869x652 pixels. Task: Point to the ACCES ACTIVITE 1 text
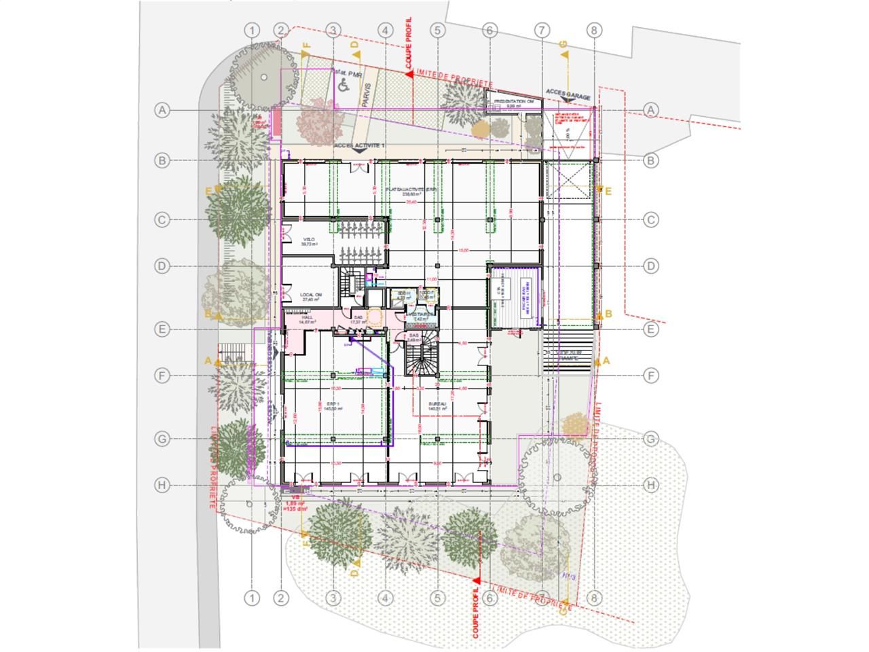(x=358, y=146)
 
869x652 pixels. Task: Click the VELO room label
(x=310, y=242)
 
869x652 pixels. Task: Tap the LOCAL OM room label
(x=310, y=297)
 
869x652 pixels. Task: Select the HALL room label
(x=297, y=320)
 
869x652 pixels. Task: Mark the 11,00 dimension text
(x=430, y=279)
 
